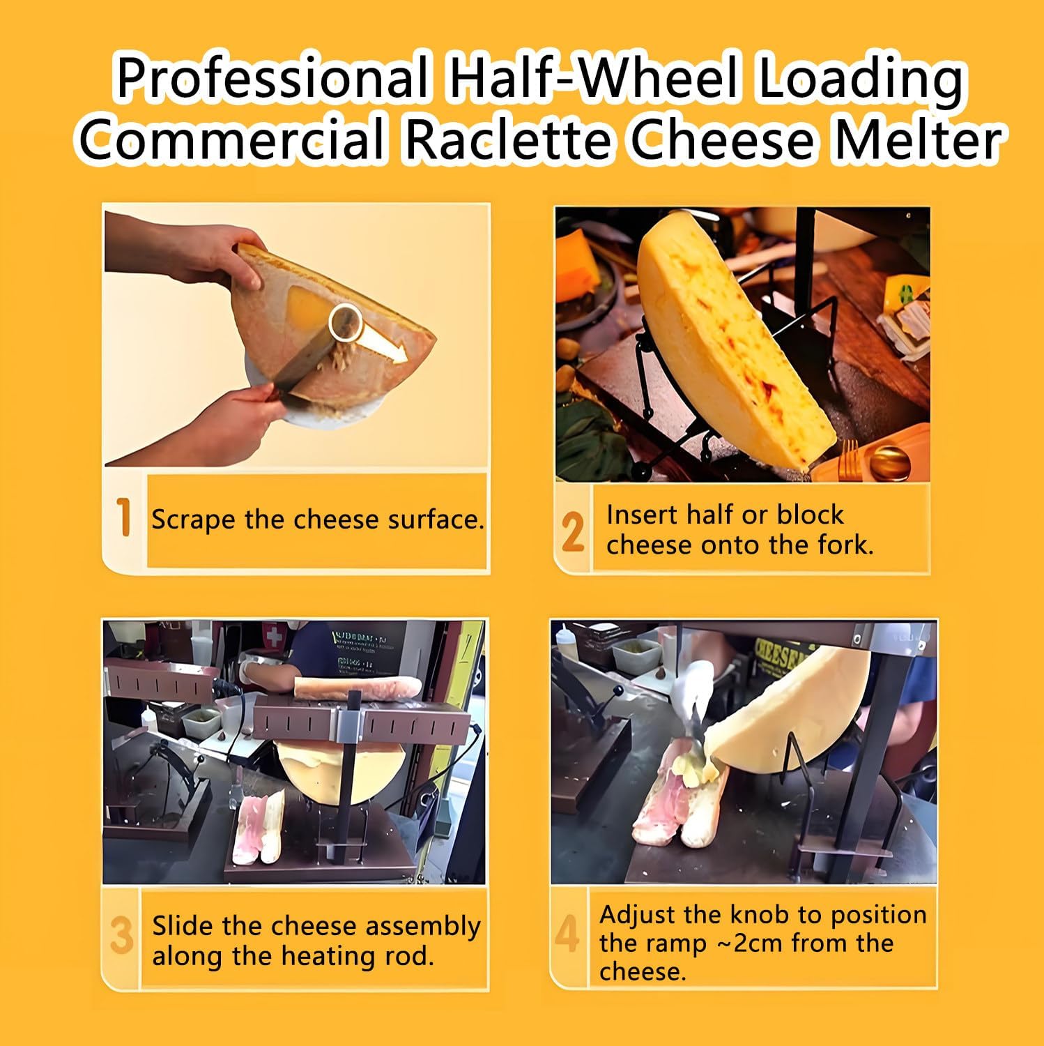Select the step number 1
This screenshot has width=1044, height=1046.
(124, 518)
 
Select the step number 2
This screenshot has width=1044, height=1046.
(572, 533)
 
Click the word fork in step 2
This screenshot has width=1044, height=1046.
(845, 545)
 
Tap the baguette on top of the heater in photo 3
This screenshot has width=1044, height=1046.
(358, 689)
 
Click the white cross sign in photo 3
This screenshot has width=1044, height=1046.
(277, 638)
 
